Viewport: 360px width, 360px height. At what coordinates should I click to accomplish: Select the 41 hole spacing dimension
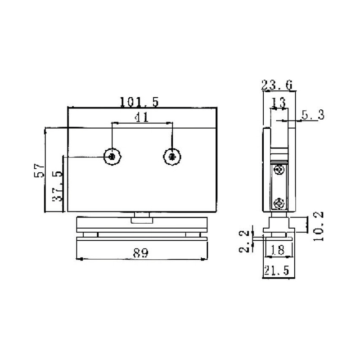tap(142, 117)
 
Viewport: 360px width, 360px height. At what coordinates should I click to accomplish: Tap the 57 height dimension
tap(40, 171)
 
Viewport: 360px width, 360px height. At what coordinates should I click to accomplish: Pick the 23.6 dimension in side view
tap(277, 84)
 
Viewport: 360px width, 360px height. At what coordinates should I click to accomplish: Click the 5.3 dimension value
tap(313, 115)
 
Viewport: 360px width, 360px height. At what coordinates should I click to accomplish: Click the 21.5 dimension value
tap(278, 270)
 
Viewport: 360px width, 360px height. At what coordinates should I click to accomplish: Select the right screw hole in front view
tap(171, 156)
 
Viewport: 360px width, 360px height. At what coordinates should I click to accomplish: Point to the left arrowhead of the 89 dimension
tap(80, 258)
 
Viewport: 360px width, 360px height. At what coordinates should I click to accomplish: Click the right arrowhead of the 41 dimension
tap(170, 122)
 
